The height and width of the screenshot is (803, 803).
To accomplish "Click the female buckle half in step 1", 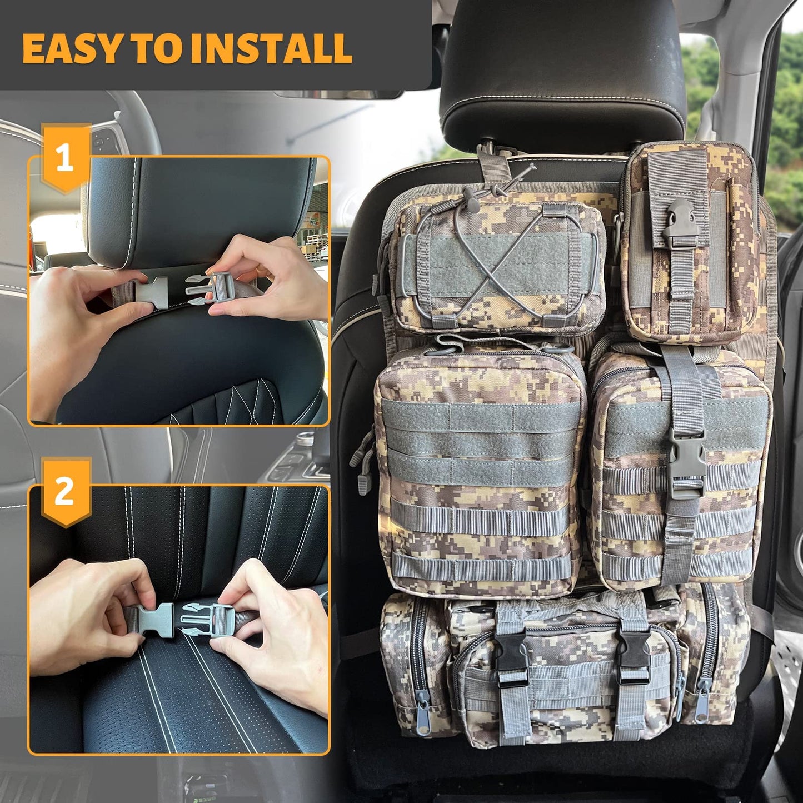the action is pos(150,292).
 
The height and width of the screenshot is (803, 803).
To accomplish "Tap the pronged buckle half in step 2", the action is pos(204,621).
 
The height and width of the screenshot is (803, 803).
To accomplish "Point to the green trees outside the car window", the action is pos(746,125).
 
